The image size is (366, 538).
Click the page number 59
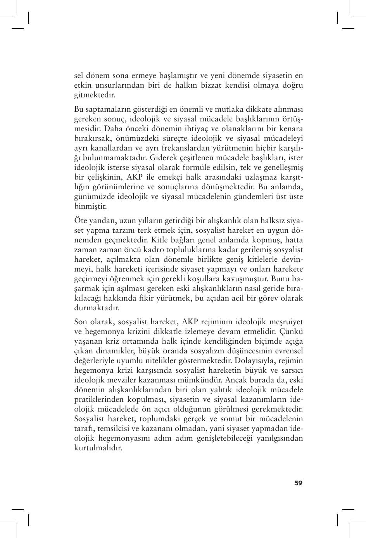click(x=298, y=483)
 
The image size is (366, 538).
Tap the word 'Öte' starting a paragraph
click(x=80, y=221)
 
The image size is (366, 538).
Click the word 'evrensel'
click(x=288, y=351)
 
